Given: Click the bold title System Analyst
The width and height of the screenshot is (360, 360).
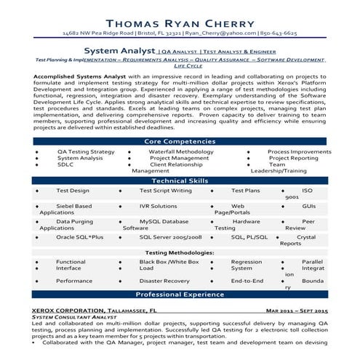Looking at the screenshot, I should point(119,52).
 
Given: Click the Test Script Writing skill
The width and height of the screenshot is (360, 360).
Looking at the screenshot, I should point(165,190).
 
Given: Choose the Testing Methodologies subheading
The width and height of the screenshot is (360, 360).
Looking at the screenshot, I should point(179,252).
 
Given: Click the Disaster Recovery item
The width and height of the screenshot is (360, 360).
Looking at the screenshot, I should point(164,280).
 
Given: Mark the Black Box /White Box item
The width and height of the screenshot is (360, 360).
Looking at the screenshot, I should point(169,261).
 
